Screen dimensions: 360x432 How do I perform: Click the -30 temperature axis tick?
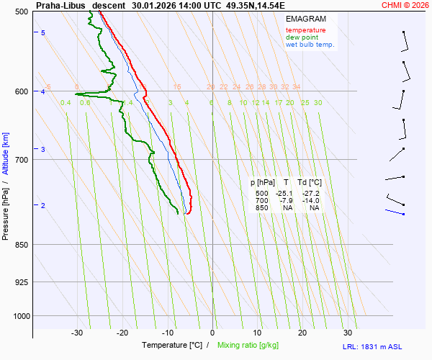(78, 333)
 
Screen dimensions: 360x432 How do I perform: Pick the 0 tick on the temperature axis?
(212, 333)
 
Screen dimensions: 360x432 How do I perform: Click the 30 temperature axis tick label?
(348, 333)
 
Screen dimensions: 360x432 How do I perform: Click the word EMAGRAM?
(305, 19)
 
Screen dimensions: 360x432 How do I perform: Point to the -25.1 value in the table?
(285, 194)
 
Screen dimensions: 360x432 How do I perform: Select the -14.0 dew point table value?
(310, 201)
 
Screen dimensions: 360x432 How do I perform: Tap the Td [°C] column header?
(310, 183)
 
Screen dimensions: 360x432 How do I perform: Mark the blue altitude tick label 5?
(43, 33)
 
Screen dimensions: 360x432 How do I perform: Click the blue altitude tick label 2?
(43, 207)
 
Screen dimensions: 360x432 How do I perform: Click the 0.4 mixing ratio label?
(66, 103)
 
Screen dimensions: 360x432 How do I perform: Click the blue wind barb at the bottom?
(395, 212)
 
